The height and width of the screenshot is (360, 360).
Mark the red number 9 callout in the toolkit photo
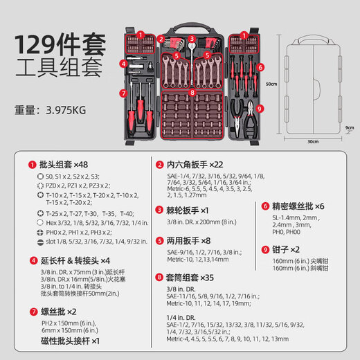pyautogui.click(x=260, y=108)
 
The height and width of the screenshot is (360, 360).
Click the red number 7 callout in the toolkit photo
pyautogui.click(x=123, y=93)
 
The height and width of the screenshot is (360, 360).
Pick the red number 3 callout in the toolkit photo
pyautogui.click(x=191, y=28)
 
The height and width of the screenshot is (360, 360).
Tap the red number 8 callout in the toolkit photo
pyautogui.click(x=192, y=91)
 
